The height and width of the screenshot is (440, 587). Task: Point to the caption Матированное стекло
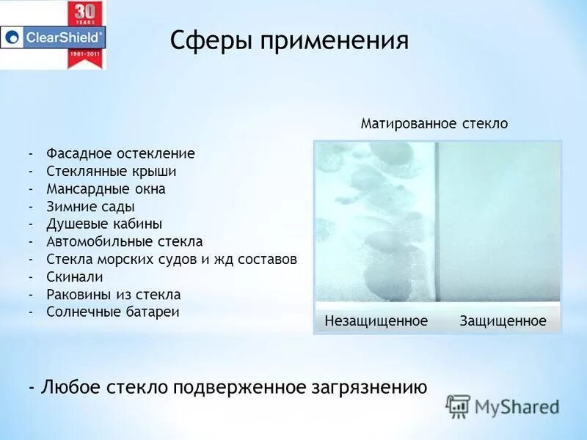tap(434, 124)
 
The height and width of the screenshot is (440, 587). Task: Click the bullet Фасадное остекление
tap(120, 154)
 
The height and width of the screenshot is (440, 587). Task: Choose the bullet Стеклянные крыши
tap(112, 172)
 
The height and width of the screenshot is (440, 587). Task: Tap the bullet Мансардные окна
tap(106, 189)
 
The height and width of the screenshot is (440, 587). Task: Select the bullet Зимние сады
tap(90, 207)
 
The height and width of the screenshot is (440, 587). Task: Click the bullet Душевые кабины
tap(104, 224)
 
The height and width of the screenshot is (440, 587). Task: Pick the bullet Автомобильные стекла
tap(124, 242)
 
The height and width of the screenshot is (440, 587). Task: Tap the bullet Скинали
tap(75, 277)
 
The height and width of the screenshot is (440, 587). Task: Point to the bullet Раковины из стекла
tap(113, 295)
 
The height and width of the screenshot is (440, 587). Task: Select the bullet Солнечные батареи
tap(113, 312)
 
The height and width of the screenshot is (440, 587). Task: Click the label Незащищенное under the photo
tap(376, 321)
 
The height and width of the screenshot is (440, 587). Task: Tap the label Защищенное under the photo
tap(503, 321)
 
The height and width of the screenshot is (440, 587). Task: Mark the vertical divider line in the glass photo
tap(436, 220)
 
